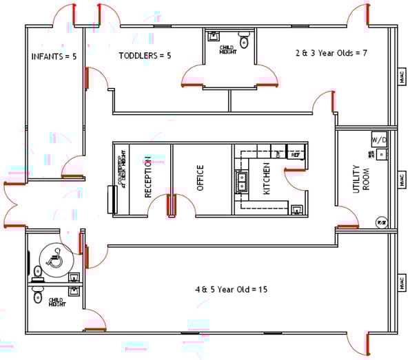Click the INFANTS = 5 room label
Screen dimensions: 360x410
(x=54, y=56)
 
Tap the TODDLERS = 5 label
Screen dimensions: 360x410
(x=144, y=56)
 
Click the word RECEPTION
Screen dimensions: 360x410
(x=147, y=178)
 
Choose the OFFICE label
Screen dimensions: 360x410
(x=201, y=178)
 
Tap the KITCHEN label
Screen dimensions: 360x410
(x=266, y=178)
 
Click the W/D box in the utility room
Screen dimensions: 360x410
(x=379, y=139)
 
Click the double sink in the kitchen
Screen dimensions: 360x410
(x=243, y=180)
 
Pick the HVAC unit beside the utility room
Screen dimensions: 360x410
(x=402, y=180)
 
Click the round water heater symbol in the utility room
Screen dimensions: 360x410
(x=381, y=222)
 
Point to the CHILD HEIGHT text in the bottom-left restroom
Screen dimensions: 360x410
(x=57, y=301)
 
